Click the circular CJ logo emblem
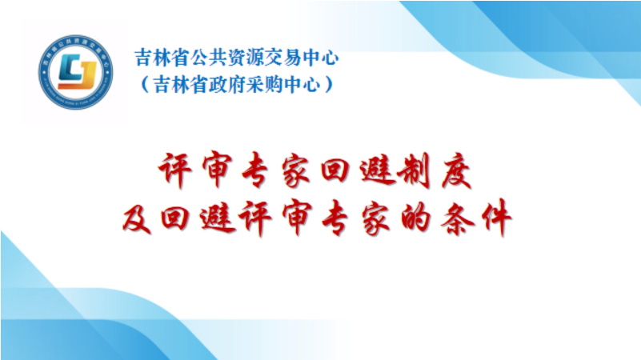(76, 72)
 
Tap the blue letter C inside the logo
(70, 68)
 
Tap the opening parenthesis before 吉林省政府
(144, 85)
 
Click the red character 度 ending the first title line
(456, 170)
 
